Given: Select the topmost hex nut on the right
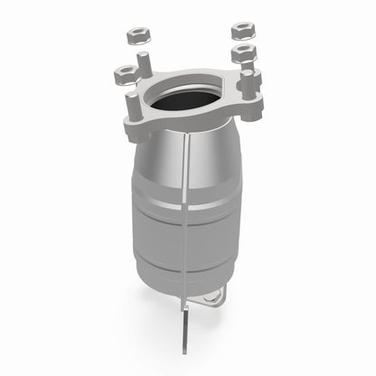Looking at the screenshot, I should [242, 30].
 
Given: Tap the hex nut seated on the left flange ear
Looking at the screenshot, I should [123, 71].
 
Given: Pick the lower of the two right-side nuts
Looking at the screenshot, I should [241, 53].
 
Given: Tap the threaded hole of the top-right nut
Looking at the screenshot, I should [242, 28].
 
